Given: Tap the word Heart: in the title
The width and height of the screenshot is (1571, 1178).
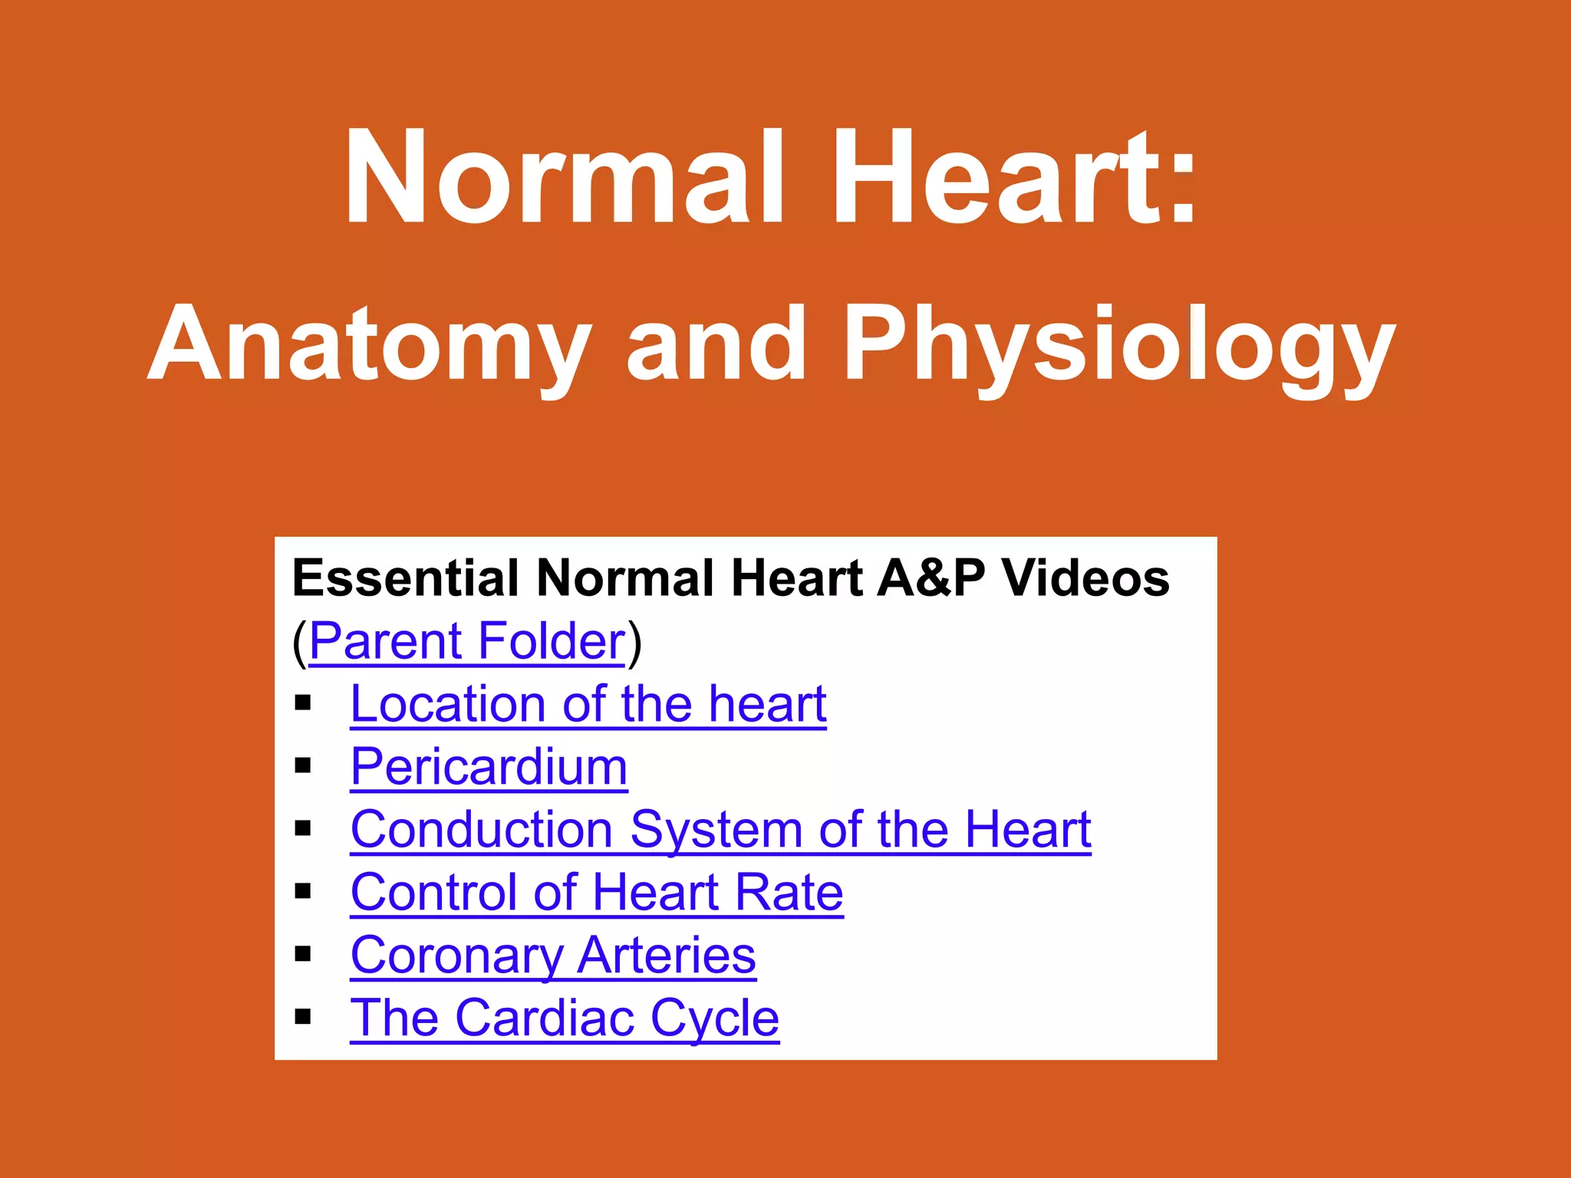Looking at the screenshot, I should tap(1014, 178).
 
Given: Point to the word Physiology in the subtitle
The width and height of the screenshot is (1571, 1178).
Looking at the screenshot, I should tap(1118, 345).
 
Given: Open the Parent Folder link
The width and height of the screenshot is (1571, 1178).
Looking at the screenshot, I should tap(467, 641).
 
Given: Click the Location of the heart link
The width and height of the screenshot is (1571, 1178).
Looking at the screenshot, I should tap(588, 704).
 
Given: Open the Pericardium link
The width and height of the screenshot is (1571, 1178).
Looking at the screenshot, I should tap(489, 767).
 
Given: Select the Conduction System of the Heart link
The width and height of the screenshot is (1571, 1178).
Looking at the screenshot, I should tap(720, 830).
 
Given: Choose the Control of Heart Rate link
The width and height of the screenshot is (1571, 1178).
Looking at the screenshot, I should tap(597, 893).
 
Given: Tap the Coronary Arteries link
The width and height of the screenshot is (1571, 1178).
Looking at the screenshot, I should tap(553, 956).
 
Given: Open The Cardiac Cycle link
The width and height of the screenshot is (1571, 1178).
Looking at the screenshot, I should tap(565, 1018).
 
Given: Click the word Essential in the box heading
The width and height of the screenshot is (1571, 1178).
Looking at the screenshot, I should tap(406, 578).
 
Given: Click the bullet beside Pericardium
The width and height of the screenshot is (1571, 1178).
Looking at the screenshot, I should tap(303, 765).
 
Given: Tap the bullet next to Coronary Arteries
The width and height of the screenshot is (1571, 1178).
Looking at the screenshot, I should tap(303, 954).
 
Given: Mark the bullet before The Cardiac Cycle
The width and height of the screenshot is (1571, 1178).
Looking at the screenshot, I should tap(303, 1017).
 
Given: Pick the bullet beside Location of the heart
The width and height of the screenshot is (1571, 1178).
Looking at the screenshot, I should tap(303, 703).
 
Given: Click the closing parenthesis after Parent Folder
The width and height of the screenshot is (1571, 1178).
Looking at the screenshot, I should tap(634, 643).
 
